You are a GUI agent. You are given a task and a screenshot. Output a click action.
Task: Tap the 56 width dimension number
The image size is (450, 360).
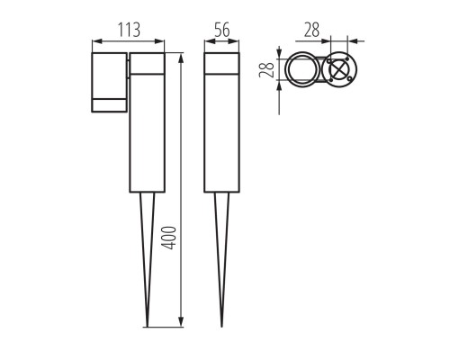[x=220, y=30]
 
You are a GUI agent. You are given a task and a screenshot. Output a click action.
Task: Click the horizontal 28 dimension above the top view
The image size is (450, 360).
[x=312, y=30]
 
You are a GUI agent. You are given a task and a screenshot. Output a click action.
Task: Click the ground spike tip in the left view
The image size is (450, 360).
[x=148, y=325]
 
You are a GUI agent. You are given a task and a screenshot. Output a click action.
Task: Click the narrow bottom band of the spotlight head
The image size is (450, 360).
[x=110, y=106]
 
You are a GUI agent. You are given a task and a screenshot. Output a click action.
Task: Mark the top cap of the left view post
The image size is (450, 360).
[x=147, y=63]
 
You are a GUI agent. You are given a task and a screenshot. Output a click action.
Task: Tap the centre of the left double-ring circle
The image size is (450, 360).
[x=302, y=71]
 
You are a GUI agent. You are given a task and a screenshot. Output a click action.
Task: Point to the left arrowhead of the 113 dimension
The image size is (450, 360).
[x=96, y=41]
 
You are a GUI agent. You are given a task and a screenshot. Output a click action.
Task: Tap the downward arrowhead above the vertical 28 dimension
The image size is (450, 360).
[x=279, y=56]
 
